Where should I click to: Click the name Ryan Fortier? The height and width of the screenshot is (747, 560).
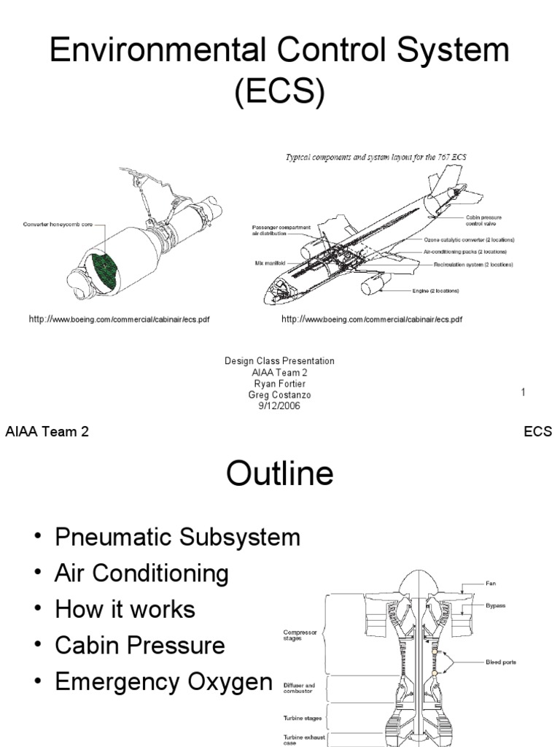(x=279, y=384)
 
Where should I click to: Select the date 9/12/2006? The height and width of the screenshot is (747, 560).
(x=279, y=406)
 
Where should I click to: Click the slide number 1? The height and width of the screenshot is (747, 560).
(x=524, y=393)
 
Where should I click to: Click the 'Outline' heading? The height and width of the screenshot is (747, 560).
(x=279, y=474)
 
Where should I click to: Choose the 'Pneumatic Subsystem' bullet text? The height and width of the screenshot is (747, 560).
(x=177, y=538)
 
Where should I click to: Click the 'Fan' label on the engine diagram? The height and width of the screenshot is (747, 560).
(x=491, y=584)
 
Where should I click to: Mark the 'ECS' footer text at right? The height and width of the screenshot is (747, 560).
(x=537, y=432)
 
